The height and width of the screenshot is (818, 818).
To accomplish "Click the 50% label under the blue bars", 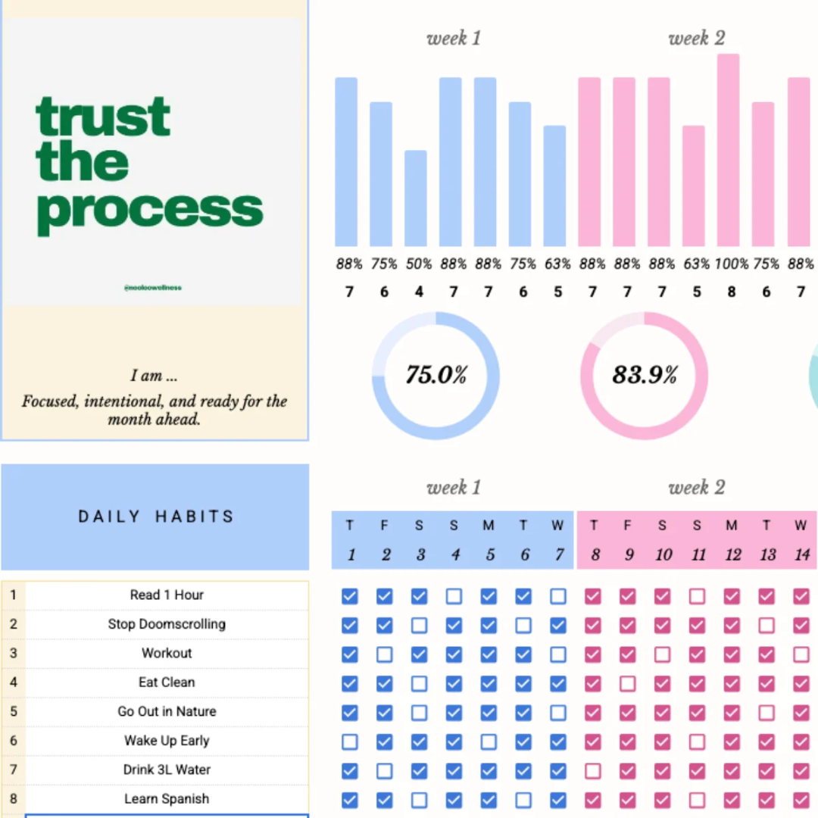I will (419, 264).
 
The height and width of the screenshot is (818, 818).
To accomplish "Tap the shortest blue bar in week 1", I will (415, 198).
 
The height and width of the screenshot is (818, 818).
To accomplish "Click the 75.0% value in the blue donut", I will (436, 375).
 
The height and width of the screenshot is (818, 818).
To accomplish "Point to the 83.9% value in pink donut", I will (645, 375).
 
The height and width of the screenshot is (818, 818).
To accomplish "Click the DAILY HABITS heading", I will (156, 517).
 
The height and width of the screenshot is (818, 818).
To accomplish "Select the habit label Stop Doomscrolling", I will (167, 624).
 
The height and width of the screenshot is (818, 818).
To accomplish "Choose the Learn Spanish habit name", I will (167, 798).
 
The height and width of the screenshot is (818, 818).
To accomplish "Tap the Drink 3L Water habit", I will (167, 770).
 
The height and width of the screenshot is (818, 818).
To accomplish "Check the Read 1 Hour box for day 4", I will (454, 596).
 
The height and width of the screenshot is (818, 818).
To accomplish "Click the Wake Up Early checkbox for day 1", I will (349, 742).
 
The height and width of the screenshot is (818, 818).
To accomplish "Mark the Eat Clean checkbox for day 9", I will (627, 684).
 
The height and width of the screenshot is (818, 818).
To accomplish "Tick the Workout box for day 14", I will (801, 654).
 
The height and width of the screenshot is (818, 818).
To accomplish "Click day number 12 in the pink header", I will (732, 555).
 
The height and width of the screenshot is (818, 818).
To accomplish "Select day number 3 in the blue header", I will (420, 555).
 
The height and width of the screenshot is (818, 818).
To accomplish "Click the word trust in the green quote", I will (103, 117).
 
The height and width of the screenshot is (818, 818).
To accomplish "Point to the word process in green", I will (149, 209).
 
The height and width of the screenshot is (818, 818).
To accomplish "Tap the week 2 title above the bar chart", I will (696, 39).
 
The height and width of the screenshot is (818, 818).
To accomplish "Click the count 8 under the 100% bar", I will (731, 292).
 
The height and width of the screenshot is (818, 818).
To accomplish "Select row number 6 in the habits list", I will (13, 741).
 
